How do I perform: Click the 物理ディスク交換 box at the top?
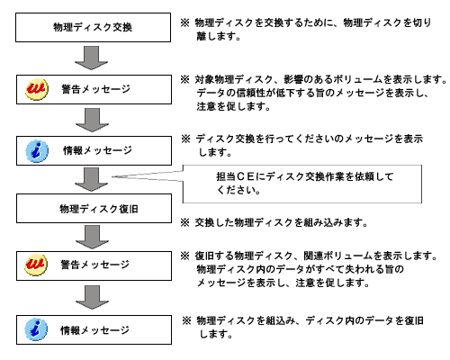click(x=93, y=27)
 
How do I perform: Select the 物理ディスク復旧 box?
click(x=94, y=209)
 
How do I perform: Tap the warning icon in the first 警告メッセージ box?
click(x=37, y=89)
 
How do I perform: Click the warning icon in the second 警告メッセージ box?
click(x=36, y=265)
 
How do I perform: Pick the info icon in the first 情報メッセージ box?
click(x=37, y=151)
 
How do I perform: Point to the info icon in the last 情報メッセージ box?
click(x=36, y=329)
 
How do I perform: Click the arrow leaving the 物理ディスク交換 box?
click(x=91, y=58)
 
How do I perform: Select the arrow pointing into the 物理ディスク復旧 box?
click(x=91, y=179)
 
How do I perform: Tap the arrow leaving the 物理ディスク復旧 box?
click(x=92, y=237)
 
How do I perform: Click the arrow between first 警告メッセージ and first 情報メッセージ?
click(x=92, y=120)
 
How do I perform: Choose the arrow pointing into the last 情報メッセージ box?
click(x=92, y=297)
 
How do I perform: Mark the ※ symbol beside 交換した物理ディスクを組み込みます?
click(x=185, y=222)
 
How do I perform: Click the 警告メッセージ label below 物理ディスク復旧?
click(x=95, y=265)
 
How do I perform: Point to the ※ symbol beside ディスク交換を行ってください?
click(x=185, y=139)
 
